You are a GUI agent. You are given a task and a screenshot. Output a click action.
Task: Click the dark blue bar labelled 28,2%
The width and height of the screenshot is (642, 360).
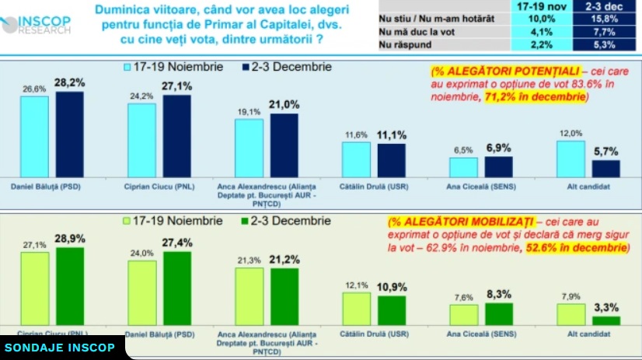pyautogui.click(x=69, y=135)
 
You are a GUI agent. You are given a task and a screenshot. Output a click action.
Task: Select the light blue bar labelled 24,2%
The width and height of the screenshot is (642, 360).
pyautogui.click(x=141, y=141)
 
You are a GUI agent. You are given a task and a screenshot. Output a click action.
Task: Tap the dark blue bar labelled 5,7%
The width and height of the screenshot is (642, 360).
pyautogui.click(x=605, y=169)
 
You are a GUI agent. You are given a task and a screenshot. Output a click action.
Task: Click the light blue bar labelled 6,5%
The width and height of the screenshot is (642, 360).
pyautogui.click(x=463, y=168)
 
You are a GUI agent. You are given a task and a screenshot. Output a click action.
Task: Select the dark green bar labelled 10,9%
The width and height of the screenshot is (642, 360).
pyautogui.click(x=392, y=309)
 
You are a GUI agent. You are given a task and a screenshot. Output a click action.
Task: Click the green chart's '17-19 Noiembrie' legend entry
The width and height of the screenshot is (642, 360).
pyautogui.click(x=176, y=222)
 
